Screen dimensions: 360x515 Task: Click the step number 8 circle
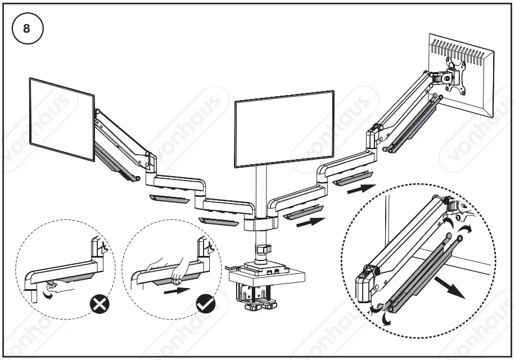[x=27, y=29]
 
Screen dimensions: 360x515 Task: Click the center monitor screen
[x=284, y=129]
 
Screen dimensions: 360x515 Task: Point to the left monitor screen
[x=61, y=119]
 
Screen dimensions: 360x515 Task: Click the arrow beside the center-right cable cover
[x=310, y=222]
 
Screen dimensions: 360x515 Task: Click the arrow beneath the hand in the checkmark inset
[x=175, y=291]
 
